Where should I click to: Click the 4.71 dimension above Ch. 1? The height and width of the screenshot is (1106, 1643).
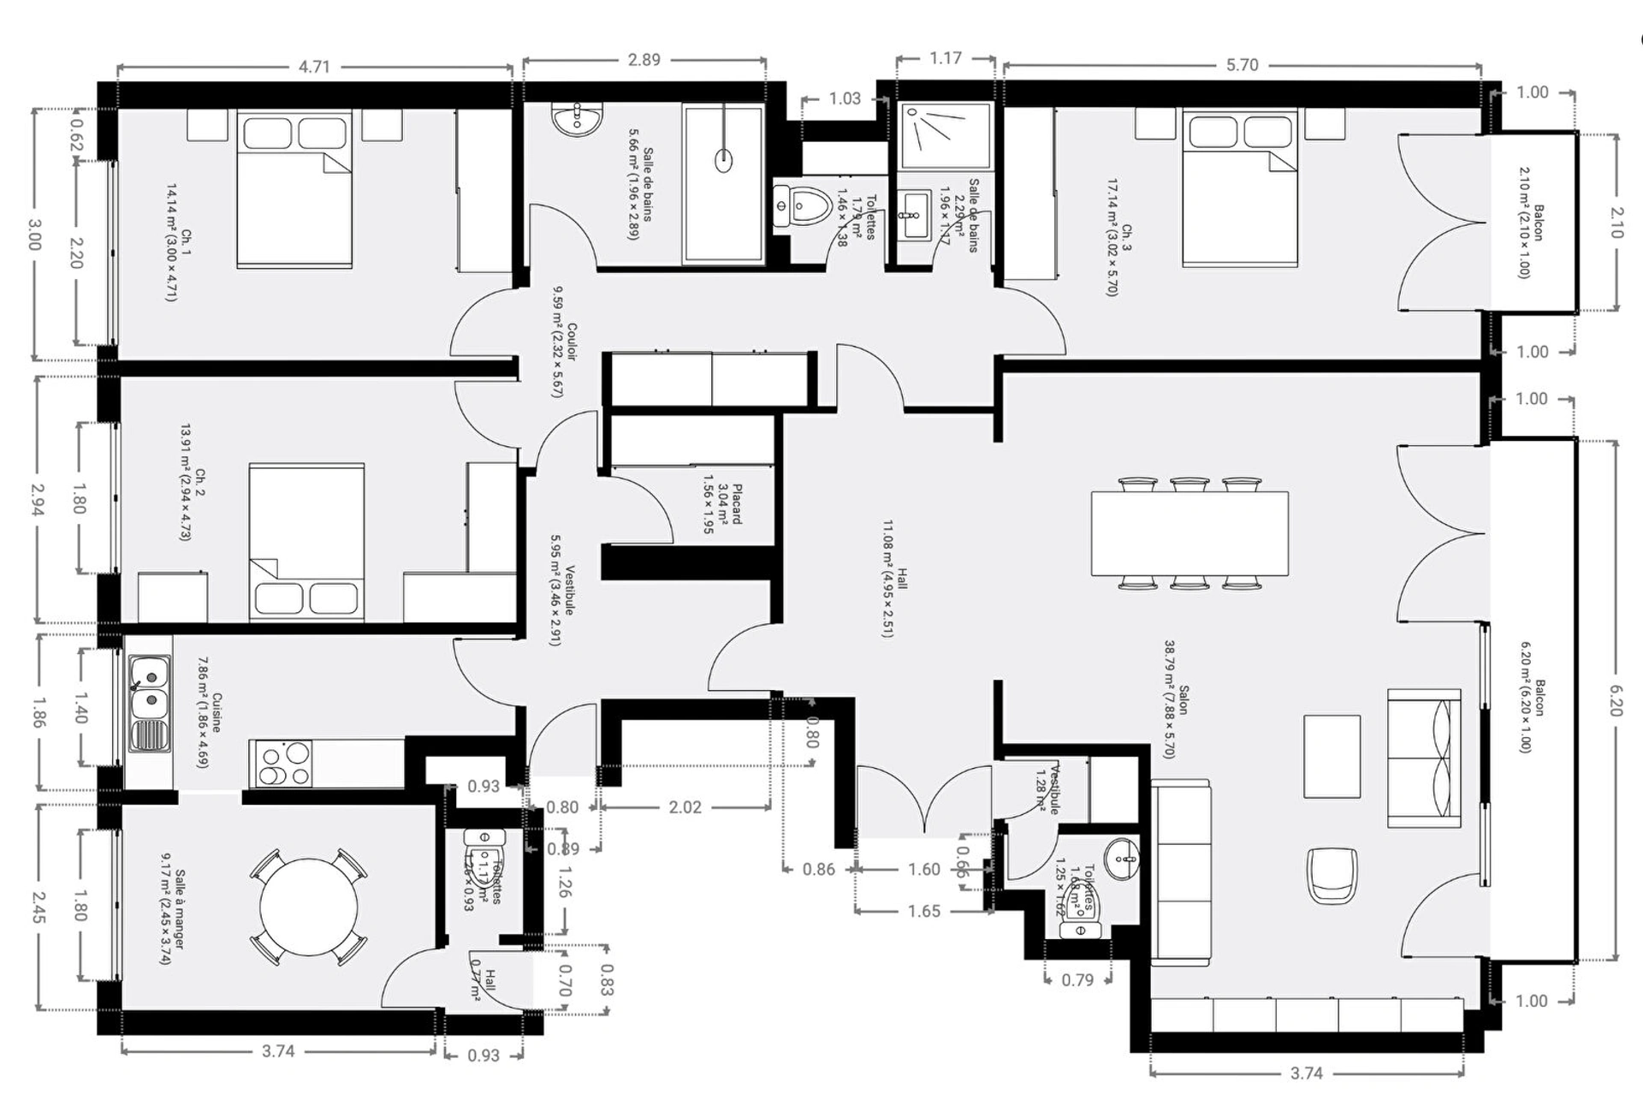tap(314, 67)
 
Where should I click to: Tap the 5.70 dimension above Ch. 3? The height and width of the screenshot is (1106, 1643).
tap(1242, 65)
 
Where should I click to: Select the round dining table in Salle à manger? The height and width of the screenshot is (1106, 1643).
tap(309, 907)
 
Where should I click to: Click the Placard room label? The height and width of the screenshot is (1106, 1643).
tap(722, 504)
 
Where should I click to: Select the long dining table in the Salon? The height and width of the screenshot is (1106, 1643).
tap(1189, 532)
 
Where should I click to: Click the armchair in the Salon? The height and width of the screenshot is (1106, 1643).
tap(1332, 874)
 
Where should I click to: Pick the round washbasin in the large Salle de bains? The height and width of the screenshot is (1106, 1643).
tap(577, 119)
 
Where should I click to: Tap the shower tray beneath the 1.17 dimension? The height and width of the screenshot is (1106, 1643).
tap(946, 135)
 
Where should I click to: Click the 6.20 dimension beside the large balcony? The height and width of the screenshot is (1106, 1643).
tap(1615, 698)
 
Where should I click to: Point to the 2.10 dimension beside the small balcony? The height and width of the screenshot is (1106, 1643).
tap(1616, 223)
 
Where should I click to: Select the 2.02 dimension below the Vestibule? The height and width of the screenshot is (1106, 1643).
tap(685, 807)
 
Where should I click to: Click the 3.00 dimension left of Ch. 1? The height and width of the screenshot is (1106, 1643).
tap(34, 235)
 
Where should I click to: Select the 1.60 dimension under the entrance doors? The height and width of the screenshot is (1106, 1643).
tap(923, 870)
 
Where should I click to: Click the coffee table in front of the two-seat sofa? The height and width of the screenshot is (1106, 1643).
tap(1332, 756)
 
